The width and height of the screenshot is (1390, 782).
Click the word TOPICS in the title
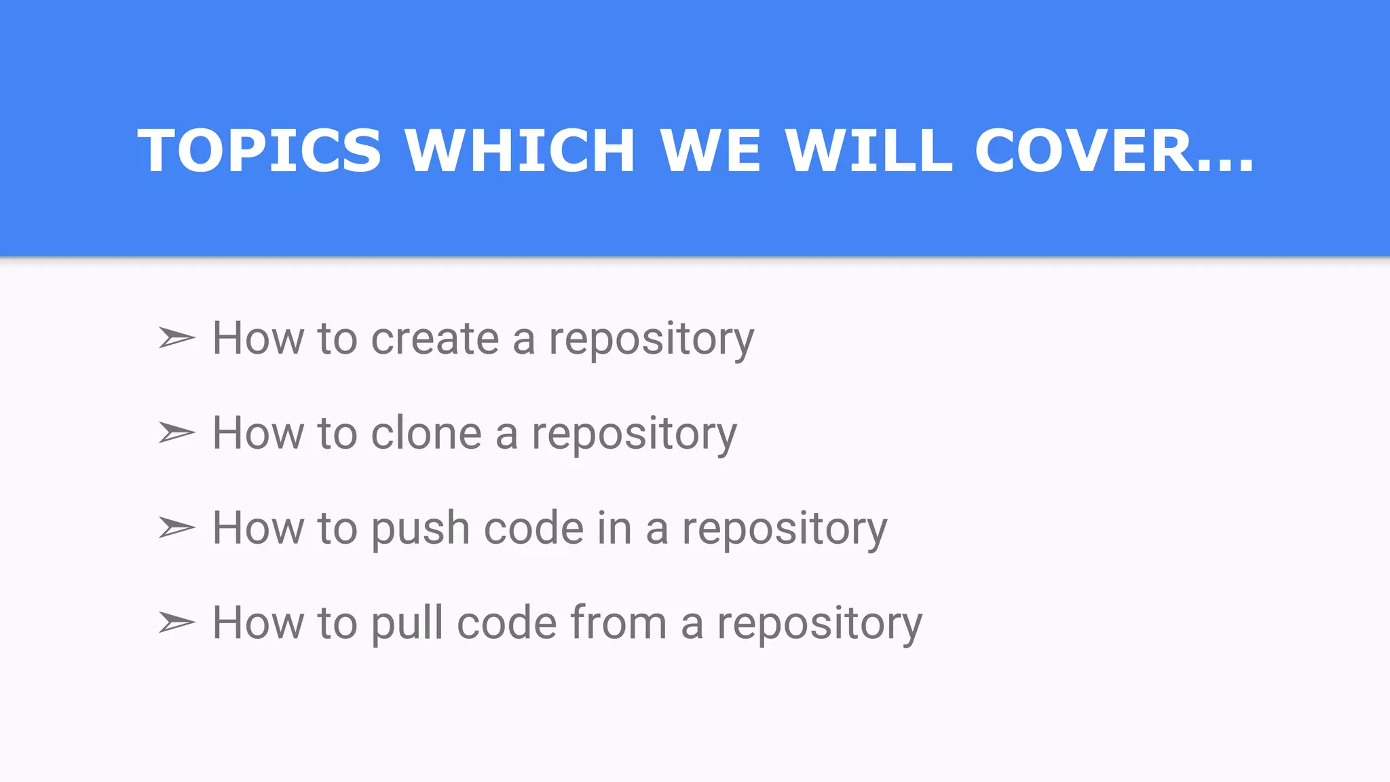point(259,150)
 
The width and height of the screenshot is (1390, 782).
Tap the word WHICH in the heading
point(520,150)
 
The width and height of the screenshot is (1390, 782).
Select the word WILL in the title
point(869,150)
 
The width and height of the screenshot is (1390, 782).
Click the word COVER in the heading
point(1083,150)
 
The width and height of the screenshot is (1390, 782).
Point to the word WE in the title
point(711,150)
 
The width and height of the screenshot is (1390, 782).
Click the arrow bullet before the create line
point(176,337)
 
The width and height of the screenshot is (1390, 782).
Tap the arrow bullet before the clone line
point(176,432)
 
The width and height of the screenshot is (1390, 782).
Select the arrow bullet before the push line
point(176,527)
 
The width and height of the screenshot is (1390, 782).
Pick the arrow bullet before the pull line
point(176,622)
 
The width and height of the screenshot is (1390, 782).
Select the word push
point(420,529)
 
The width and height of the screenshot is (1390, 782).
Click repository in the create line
point(651,339)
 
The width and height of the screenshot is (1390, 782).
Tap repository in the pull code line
point(819,625)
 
